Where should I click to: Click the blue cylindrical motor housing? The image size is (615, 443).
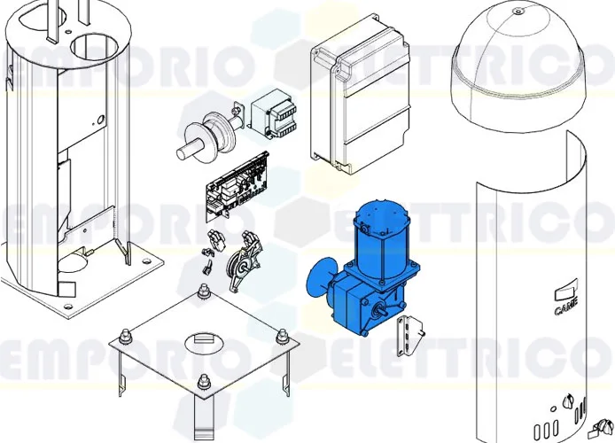pyautogui.click(x=378, y=239)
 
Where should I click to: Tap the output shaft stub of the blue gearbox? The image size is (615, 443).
pyautogui.click(x=383, y=309)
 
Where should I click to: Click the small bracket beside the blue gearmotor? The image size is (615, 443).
pyautogui.click(x=410, y=330)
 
